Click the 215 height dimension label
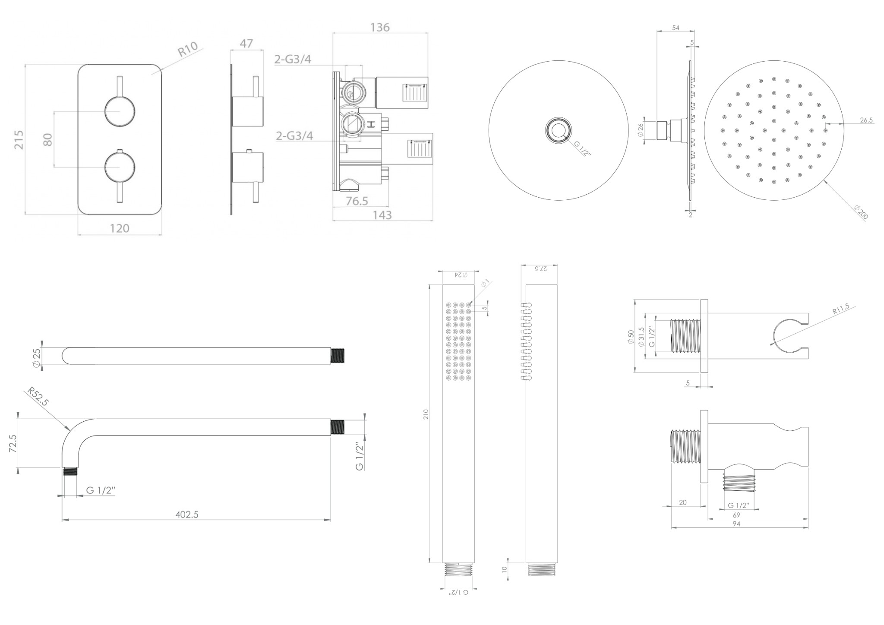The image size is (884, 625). point(19,139)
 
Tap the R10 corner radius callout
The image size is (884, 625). point(188,49)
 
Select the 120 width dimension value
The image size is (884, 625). point(120,228)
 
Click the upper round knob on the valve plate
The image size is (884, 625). point(120,111)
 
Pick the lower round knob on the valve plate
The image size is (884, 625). point(120,167)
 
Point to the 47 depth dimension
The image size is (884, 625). point(246,44)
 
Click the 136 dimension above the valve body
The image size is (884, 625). point(380,27)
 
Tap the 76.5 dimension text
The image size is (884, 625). point(357,201)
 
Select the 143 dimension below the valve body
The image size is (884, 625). point(382,215)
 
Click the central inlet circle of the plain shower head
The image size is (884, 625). point(558,129)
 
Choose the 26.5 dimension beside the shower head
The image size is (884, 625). point(866,120)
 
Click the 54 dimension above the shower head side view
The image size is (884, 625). point(676,28)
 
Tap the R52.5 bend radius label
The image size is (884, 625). point(38,396)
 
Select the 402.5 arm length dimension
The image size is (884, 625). point(187,515)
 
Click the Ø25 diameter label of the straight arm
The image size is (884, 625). point(37,358)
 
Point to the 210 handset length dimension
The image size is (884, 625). point(426,415)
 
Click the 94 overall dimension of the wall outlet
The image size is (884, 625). point(736,524)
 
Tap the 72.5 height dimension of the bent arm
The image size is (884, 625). point(13,443)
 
